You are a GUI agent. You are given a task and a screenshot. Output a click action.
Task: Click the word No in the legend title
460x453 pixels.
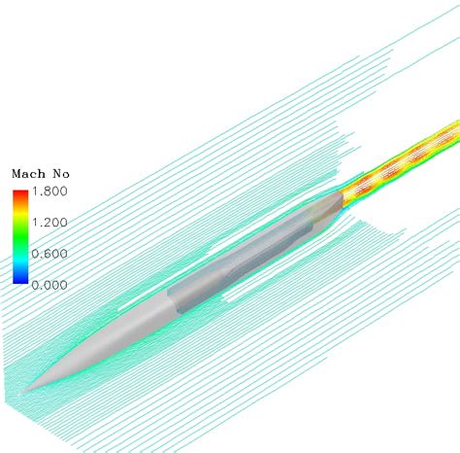click(61, 174)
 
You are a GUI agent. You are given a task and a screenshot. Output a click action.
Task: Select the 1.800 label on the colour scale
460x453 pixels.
click(49, 192)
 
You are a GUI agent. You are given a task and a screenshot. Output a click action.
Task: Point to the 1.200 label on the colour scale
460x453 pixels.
click(49, 223)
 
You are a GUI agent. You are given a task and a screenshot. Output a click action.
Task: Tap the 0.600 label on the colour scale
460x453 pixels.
click(49, 254)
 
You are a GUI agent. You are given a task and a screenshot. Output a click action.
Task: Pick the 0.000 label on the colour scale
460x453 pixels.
click(49, 285)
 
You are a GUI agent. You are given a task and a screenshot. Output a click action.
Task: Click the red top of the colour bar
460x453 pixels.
click(20, 193)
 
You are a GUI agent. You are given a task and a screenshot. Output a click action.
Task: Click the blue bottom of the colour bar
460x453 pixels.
click(20, 279)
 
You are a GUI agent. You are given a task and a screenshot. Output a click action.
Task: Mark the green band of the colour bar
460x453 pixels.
click(20, 235)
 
